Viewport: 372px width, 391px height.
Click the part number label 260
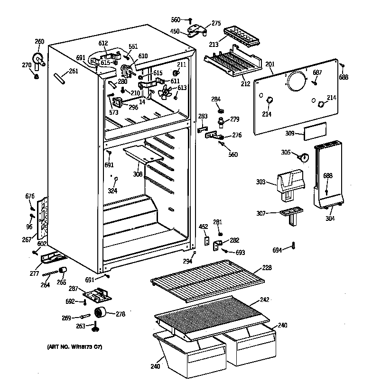click(39, 42)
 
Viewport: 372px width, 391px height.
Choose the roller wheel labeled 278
click(101, 312)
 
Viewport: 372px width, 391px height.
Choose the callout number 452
click(203, 227)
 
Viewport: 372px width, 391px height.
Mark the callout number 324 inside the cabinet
click(112, 191)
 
